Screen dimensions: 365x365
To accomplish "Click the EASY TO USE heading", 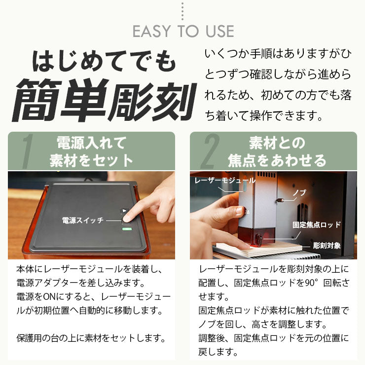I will (182, 31).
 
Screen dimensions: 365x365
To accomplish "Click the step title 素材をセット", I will (92, 161).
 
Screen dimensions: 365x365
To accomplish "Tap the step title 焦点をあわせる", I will (277, 161).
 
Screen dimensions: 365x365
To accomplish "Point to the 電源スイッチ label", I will (82, 220).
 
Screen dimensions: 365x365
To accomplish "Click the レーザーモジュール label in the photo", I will (225, 181).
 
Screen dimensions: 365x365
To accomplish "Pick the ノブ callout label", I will (299, 192).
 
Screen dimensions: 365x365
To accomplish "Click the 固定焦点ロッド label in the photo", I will (316, 224).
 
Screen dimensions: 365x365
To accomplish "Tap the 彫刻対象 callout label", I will (327, 245).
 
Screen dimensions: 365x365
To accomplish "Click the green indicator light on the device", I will (127, 229).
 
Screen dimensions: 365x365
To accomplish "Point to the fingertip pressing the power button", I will (127, 216).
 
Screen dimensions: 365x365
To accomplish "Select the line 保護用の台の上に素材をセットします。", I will (90, 338).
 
